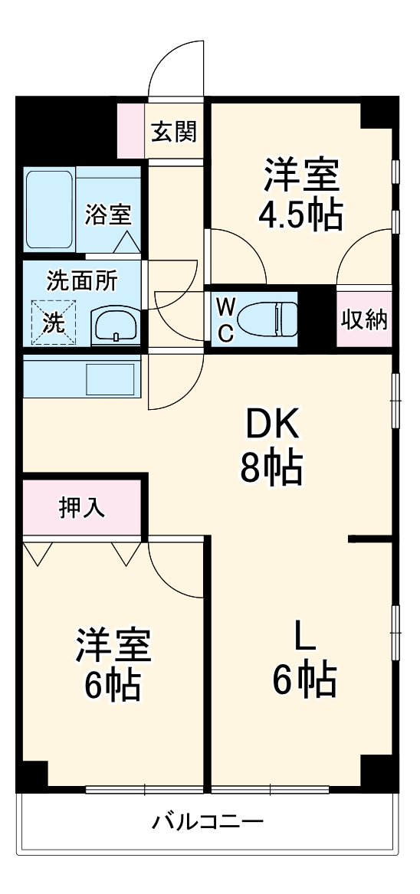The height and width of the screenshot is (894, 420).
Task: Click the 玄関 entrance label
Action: click(x=173, y=132)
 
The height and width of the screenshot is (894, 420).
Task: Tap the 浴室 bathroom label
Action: click(x=108, y=214)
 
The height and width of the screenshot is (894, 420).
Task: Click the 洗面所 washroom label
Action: click(x=82, y=281)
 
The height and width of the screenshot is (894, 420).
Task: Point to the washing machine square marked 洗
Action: click(x=54, y=322)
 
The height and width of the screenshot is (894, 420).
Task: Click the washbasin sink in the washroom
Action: click(x=116, y=326)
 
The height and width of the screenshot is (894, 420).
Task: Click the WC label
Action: click(x=225, y=319)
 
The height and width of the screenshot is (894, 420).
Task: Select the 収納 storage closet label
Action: click(x=364, y=319)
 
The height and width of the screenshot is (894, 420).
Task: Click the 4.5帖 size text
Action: click(x=300, y=217)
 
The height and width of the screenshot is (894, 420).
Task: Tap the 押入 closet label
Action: click(x=84, y=508)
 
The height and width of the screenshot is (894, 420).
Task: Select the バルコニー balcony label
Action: click(x=208, y=823)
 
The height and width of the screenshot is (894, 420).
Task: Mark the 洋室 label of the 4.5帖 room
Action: click(x=301, y=175)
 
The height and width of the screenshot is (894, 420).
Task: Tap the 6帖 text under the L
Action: click(x=304, y=679)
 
